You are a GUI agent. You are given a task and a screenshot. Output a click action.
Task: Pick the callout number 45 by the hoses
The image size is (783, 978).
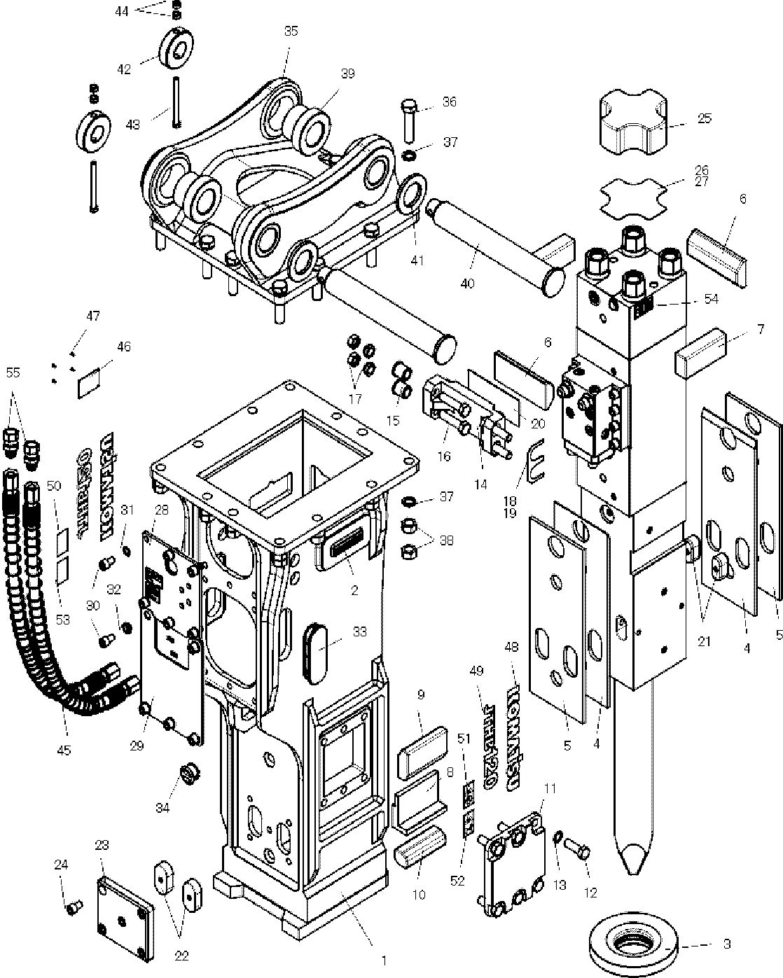pos(64,750)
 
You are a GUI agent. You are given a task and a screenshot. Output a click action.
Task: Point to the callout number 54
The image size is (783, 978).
pos(711,299)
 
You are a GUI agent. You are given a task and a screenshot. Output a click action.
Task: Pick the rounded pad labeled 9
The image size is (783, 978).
pos(422,749)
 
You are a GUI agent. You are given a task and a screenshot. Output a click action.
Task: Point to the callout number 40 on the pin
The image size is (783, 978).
pos(466,284)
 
